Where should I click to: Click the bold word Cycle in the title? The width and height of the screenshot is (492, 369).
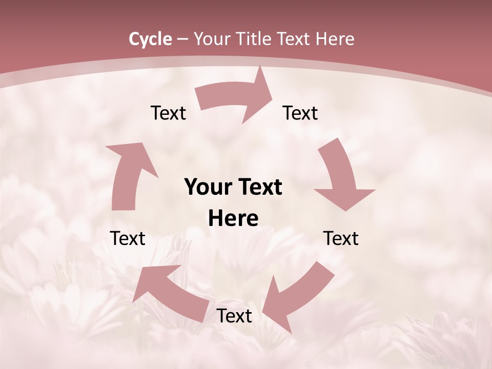150,39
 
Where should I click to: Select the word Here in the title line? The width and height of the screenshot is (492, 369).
335,39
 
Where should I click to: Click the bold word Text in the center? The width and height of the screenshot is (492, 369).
258,188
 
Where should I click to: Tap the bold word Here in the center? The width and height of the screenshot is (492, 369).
233,219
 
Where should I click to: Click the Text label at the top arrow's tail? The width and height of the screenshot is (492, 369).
168,113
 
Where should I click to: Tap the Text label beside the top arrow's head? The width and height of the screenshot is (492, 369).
300,113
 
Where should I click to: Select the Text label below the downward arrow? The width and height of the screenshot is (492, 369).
341,238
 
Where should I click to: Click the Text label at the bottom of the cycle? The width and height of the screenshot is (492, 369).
234,316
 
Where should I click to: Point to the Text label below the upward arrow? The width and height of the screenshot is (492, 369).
128,238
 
